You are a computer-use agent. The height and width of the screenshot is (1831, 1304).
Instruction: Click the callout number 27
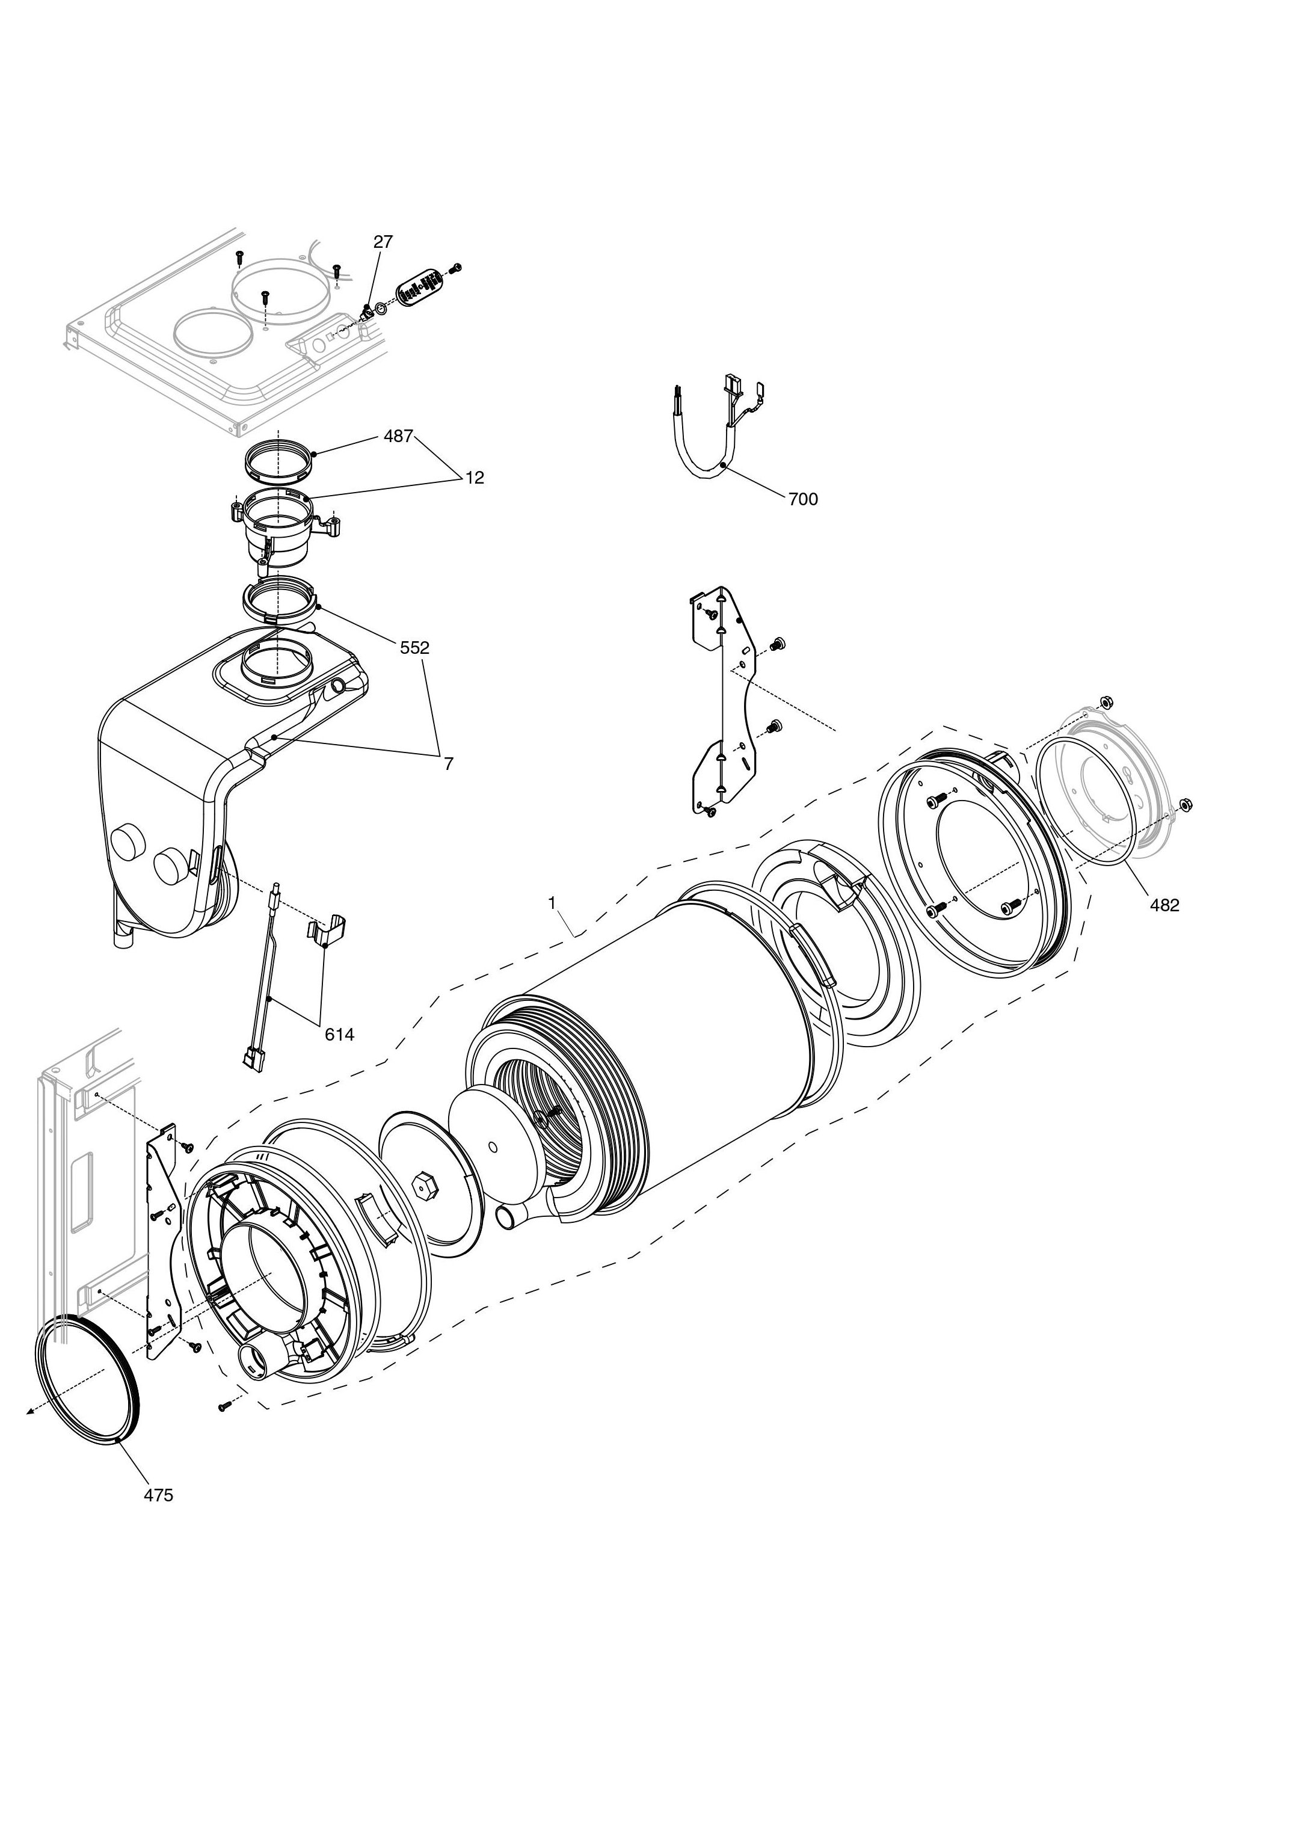(x=383, y=242)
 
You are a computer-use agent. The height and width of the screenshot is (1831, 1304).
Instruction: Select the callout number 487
(x=398, y=436)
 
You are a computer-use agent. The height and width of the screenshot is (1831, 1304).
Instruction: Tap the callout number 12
(x=475, y=477)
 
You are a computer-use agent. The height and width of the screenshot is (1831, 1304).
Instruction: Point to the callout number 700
(x=803, y=499)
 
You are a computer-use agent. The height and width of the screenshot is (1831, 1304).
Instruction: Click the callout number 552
(x=415, y=647)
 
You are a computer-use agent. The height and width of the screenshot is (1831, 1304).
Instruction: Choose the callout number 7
(x=449, y=764)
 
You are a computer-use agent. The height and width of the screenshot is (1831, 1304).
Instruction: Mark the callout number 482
(x=1164, y=905)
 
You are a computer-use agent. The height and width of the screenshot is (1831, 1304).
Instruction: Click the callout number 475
(x=158, y=1495)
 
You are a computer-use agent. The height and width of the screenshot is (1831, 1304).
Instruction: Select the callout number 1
(x=552, y=903)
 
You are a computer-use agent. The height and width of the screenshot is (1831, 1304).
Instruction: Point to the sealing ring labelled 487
(x=278, y=460)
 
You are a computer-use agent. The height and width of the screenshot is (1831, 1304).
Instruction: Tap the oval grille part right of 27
(x=420, y=285)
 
